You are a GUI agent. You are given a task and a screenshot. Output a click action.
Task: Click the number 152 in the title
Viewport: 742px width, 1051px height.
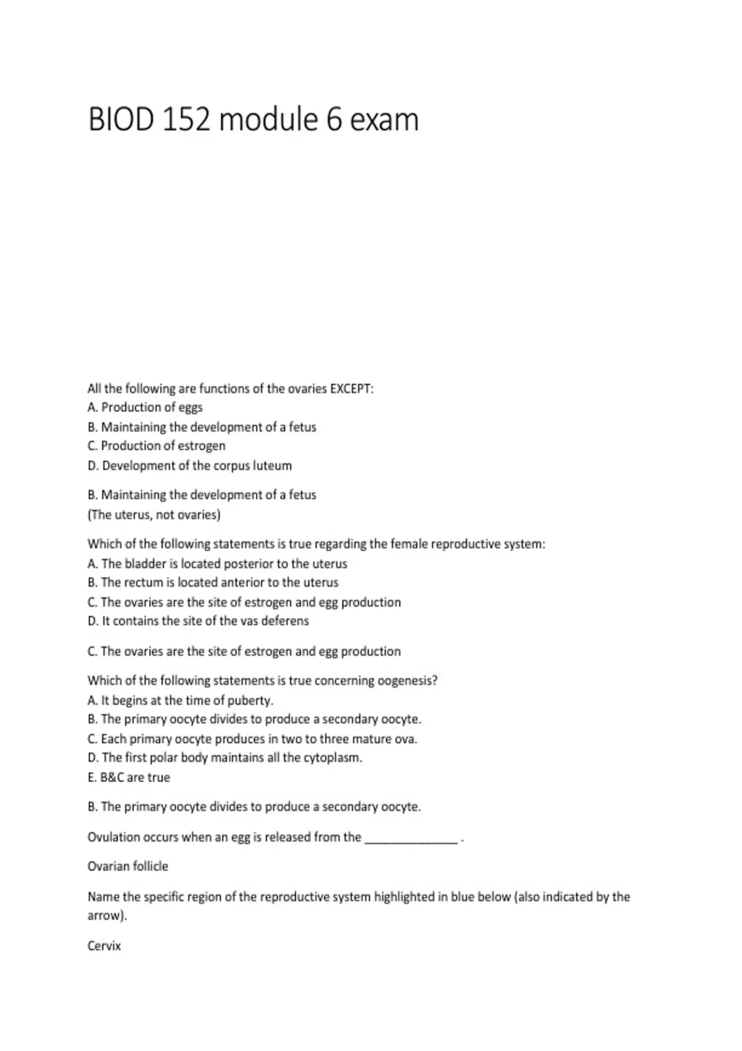(x=185, y=119)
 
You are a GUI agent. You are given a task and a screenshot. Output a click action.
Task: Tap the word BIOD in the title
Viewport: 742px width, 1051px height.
(x=121, y=119)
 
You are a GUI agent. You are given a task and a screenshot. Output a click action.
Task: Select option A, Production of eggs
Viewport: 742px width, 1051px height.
(x=145, y=407)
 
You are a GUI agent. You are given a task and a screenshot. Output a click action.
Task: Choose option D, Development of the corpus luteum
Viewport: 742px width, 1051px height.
(x=189, y=466)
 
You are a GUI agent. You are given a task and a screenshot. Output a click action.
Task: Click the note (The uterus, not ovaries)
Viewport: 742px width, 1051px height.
(x=154, y=514)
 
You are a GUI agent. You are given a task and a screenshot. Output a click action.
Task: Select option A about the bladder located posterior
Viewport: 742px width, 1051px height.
(x=217, y=564)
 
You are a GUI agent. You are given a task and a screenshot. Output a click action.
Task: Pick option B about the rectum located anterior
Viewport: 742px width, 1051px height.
(x=213, y=582)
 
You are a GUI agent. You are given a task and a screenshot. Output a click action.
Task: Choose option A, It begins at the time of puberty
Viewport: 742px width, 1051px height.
(x=180, y=700)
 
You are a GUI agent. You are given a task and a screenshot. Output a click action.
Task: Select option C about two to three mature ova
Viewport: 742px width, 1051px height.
(x=252, y=739)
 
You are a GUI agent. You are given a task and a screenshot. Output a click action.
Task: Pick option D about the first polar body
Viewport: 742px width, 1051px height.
(x=224, y=757)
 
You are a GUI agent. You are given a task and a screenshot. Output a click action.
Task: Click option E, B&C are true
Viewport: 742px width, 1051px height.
(x=129, y=777)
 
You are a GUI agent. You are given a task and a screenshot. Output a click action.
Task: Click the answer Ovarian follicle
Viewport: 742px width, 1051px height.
(x=127, y=866)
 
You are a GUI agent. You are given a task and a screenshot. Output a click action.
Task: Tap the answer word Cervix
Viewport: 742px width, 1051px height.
(x=104, y=946)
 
